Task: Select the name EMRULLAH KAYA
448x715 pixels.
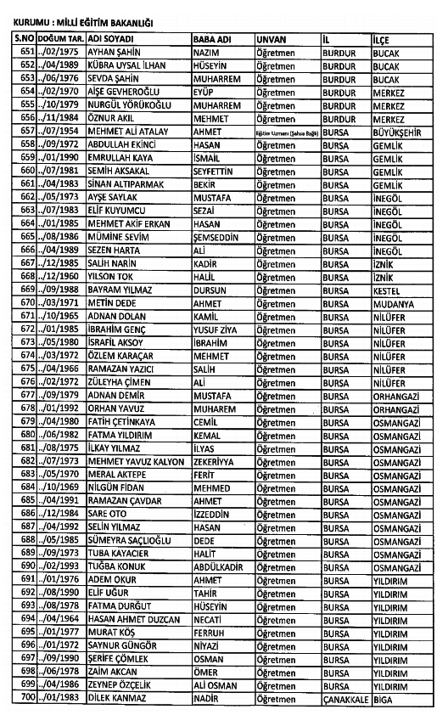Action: click(119, 157)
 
